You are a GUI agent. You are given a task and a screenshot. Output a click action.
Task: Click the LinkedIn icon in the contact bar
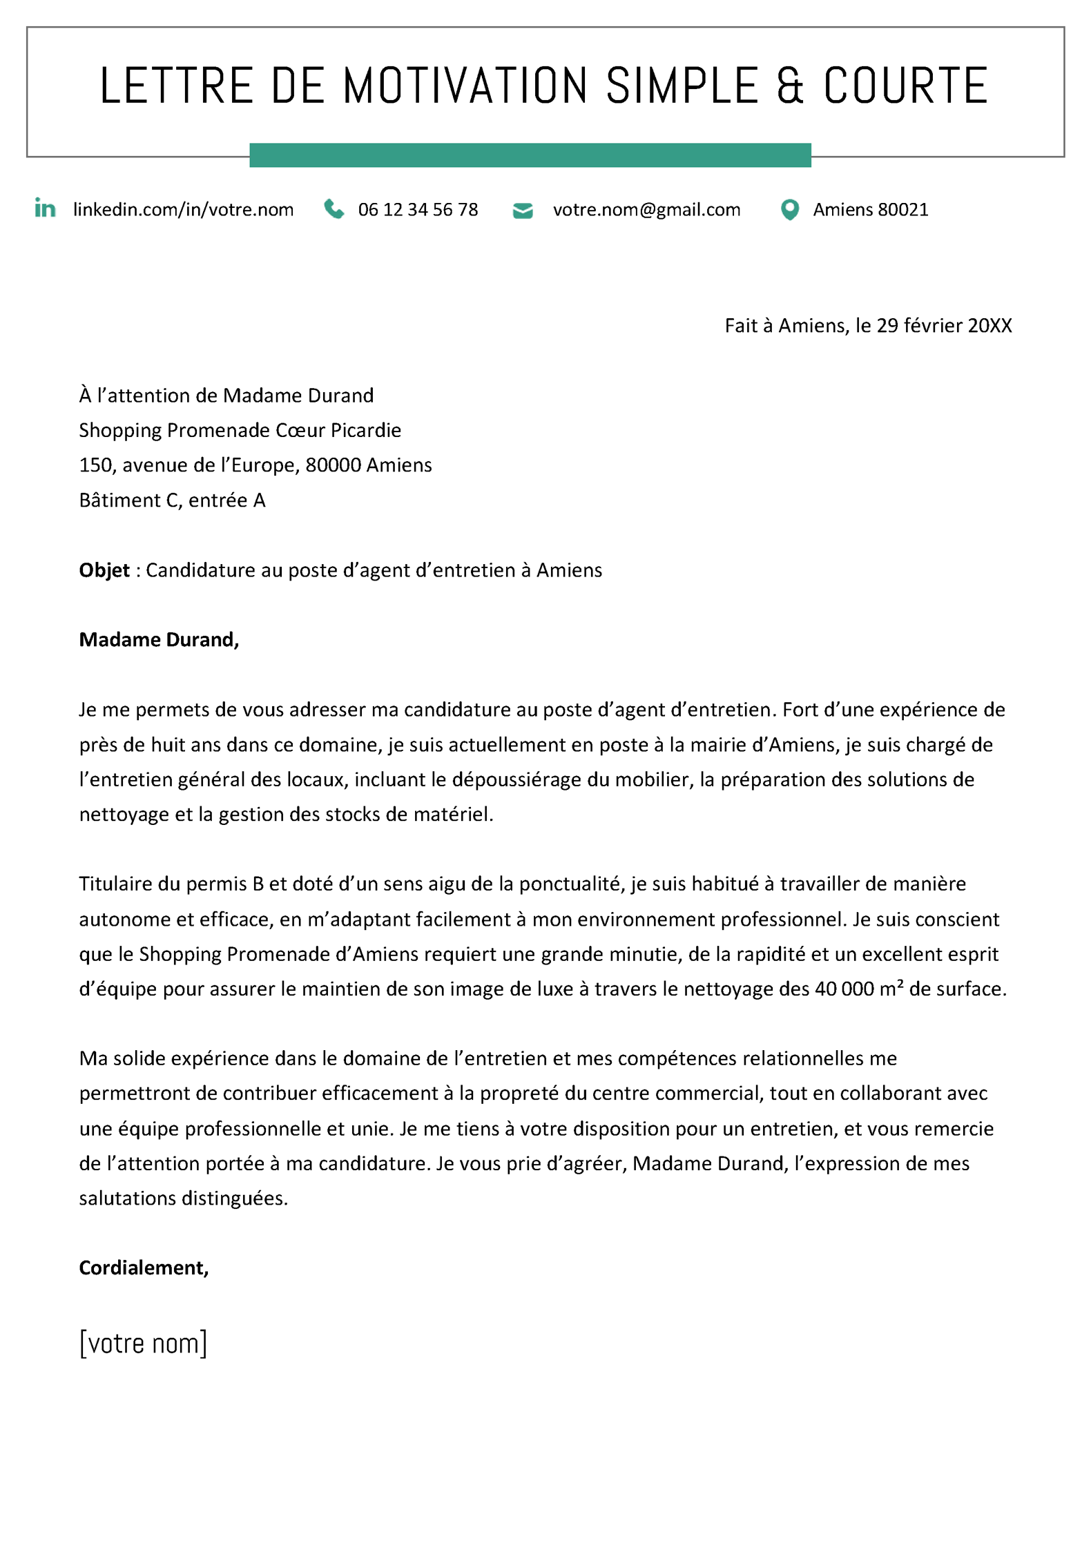[45, 208]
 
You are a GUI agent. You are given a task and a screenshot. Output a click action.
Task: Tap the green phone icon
[334, 208]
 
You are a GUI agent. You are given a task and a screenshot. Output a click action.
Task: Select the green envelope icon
[523, 210]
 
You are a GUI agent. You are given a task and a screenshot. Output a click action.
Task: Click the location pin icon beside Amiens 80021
[789, 209]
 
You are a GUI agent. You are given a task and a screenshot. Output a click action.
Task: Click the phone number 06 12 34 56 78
[418, 210]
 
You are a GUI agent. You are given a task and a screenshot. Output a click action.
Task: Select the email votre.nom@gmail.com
[646, 210]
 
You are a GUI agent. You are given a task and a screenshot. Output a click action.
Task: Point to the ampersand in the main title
[790, 86]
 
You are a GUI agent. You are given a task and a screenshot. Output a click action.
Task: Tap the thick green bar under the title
[530, 155]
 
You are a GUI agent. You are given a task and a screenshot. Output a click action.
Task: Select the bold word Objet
[104, 570]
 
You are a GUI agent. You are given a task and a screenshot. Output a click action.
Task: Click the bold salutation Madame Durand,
[159, 640]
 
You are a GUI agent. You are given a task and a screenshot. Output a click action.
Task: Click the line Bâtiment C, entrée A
[172, 501]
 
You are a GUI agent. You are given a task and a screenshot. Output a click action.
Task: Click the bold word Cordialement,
[144, 1268]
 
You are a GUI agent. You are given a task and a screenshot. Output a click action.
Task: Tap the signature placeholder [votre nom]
[143, 1343]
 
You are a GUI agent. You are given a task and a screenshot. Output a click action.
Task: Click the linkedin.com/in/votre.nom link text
[183, 210]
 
